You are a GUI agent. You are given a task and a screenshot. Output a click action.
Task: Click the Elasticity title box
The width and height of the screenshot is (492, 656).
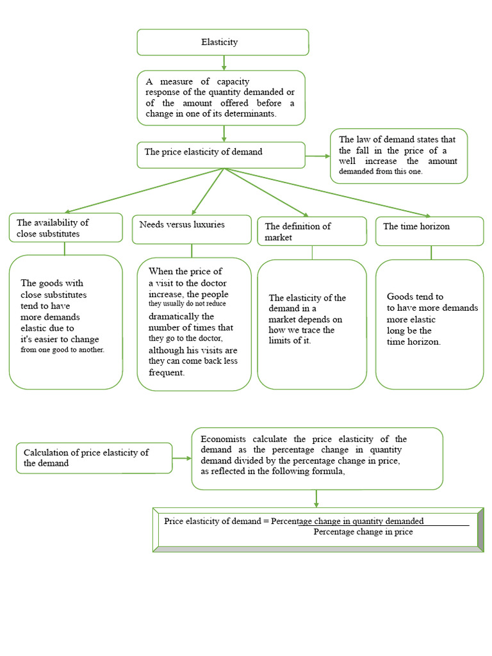[x=222, y=42]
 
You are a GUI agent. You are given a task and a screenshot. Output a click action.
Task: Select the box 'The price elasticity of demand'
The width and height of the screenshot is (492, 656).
[x=221, y=154]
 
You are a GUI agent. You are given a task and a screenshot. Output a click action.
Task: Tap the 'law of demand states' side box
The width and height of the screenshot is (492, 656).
[x=398, y=156]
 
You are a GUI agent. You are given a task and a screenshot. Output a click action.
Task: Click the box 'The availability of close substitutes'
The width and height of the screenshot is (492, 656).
[x=65, y=228]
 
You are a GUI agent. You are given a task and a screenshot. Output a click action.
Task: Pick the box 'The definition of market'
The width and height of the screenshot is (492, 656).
[x=312, y=231]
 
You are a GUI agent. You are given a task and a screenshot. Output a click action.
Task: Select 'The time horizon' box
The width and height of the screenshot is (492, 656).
[x=429, y=231]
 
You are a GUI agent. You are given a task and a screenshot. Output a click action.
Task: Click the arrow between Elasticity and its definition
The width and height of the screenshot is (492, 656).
[x=224, y=63]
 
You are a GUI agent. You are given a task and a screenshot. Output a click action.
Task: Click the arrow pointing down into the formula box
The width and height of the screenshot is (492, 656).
[x=316, y=498]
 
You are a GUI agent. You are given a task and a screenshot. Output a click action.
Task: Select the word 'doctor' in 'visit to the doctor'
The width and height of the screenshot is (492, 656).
[x=213, y=283]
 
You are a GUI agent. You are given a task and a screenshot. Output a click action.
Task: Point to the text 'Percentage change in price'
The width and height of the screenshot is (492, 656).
[x=363, y=532]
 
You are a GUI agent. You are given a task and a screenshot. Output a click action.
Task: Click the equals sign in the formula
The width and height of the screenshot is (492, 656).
[x=266, y=521]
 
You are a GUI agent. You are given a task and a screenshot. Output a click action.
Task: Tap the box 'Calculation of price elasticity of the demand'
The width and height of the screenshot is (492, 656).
[x=94, y=457]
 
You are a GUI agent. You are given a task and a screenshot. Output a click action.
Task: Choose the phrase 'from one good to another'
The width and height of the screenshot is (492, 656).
[x=62, y=350]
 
